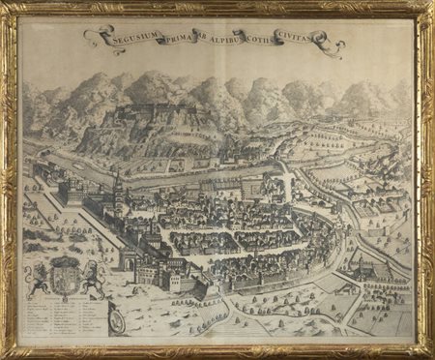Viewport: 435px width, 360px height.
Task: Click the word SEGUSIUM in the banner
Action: (130, 39)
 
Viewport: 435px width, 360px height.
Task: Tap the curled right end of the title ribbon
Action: (335, 43)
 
